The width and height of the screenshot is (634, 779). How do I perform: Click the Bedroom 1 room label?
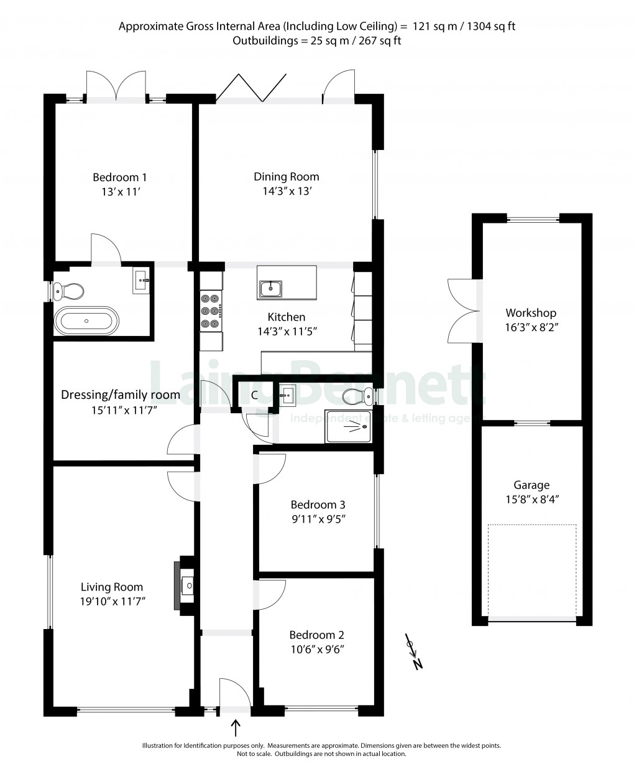pyautogui.click(x=120, y=177)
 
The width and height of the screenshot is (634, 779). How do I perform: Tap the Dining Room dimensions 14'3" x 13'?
pyautogui.click(x=287, y=192)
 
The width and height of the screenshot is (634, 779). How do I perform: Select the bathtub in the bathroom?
pyautogui.click(x=86, y=321)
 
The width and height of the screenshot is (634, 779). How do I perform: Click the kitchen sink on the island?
pyautogui.click(x=271, y=288)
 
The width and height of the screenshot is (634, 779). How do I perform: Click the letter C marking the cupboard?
pyautogui.click(x=254, y=394)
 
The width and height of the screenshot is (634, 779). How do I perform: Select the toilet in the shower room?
pyautogui.click(x=357, y=394)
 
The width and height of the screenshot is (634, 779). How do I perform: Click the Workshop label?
pyautogui.click(x=530, y=313)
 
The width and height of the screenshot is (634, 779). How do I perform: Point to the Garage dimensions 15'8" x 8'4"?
pyautogui.click(x=531, y=499)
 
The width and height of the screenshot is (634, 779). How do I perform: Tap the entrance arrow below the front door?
pyautogui.click(x=236, y=727)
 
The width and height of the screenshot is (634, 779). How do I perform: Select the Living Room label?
pyautogui.click(x=112, y=587)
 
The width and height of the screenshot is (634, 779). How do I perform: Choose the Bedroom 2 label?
pyautogui.click(x=316, y=635)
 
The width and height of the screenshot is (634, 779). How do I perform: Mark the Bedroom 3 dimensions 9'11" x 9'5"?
pyautogui.click(x=318, y=520)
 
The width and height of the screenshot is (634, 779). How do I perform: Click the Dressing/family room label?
pyautogui.click(x=121, y=394)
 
